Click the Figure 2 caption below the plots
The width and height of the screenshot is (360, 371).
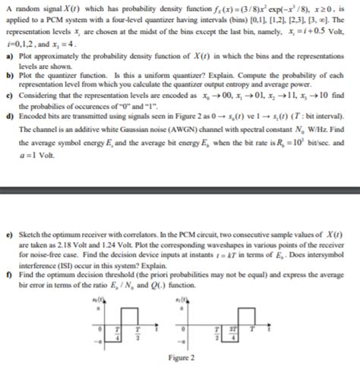pyautogui.click(x=180, y=357)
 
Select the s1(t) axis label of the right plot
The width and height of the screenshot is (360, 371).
pyautogui.click(x=181, y=301)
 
